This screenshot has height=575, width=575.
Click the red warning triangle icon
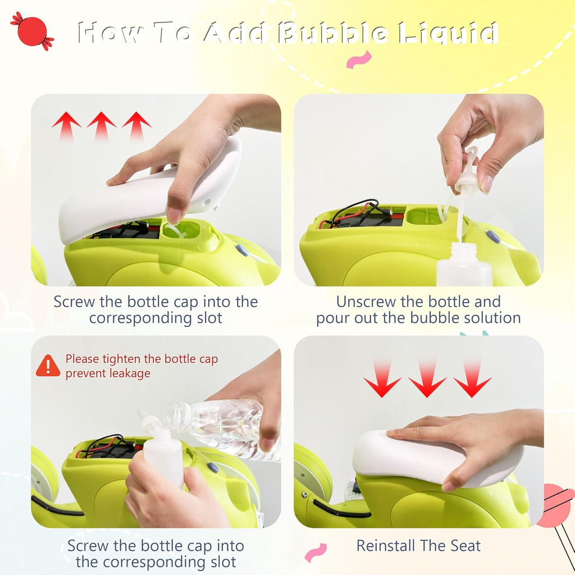[x=48, y=366]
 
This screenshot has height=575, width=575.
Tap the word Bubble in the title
[x=332, y=33]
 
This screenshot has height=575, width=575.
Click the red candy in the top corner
[x=32, y=31]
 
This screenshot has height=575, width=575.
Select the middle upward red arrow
[x=101, y=126]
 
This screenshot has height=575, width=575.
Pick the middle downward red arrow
[x=427, y=378]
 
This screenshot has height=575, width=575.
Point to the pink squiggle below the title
[x=359, y=60]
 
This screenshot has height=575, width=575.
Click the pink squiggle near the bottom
[x=316, y=553]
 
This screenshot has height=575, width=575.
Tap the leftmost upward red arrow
[x=66, y=126]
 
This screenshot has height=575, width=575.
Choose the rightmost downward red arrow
[x=472, y=378]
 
